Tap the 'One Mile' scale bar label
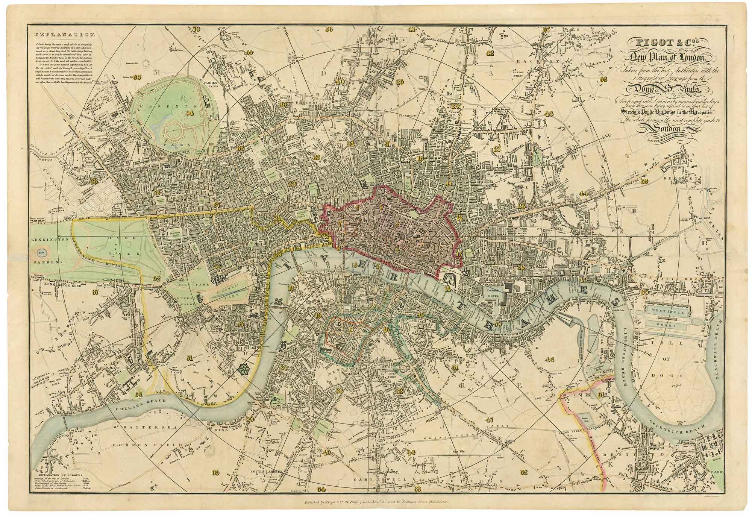pyautogui.click(x=459, y=451)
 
